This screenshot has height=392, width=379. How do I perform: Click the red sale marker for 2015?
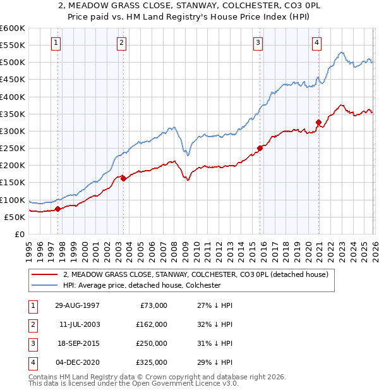pos(260,149)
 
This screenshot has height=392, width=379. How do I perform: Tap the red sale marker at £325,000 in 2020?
pos(318,123)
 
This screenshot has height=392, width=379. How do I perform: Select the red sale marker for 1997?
pos(57,209)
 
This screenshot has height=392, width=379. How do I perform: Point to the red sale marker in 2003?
pos(123,178)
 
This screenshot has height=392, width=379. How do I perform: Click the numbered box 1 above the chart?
pos(56,43)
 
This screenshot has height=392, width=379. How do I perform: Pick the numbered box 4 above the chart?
pos(316,43)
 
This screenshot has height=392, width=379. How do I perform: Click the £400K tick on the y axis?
pos(13,97)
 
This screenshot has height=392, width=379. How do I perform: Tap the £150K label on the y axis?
pos(13,183)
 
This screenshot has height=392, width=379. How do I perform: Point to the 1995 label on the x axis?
pos(29,246)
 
